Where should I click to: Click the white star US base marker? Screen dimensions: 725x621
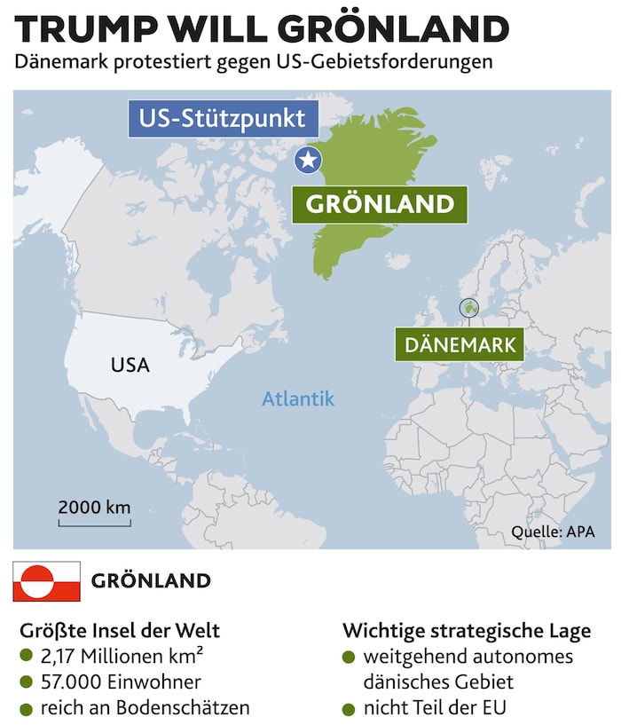[x=309, y=161]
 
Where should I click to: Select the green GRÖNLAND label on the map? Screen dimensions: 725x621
[x=380, y=205]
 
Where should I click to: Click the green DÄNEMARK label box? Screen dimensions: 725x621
[x=460, y=344]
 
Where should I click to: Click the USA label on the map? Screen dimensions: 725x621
[x=130, y=365]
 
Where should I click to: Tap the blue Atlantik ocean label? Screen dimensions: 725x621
[x=298, y=398]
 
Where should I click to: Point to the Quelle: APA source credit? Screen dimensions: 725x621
[x=552, y=532]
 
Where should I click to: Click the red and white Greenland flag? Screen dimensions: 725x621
[x=46, y=581]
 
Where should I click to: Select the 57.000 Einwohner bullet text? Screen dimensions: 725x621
[x=121, y=682]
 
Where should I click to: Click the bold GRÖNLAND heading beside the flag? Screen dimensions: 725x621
[x=152, y=581]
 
